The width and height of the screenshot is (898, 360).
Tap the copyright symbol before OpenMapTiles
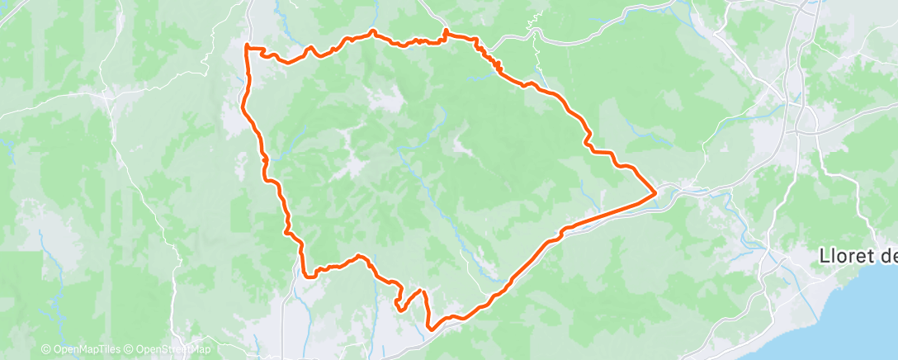click(x=45, y=349)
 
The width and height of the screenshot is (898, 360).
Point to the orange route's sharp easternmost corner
click(x=655, y=193)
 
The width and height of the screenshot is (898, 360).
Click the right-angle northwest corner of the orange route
click(x=247, y=45)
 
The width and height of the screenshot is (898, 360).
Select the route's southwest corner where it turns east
click(x=304, y=275)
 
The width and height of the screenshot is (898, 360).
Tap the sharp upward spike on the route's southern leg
click(x=422, y=291)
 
